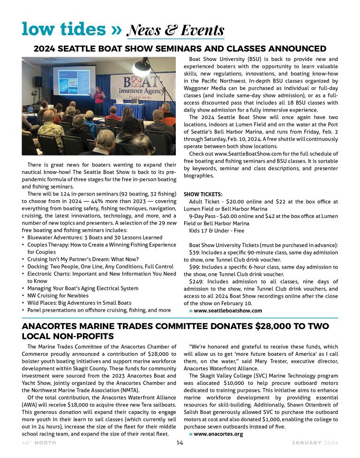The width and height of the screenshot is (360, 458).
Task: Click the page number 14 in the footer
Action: tap(180, 443)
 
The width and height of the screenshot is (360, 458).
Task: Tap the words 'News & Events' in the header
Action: tap(175, 30)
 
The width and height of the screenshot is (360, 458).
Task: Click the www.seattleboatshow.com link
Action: tap(227, 310)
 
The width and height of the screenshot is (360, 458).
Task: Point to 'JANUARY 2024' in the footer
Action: tap(315, 443)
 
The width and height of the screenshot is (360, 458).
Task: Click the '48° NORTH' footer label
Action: tap(38, 443)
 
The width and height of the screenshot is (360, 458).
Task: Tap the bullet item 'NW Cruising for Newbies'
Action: tap(58, 296)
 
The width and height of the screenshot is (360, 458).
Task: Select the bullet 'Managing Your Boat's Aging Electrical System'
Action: tap(82, 288)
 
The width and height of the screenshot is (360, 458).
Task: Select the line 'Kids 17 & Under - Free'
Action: tap(217, 231)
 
